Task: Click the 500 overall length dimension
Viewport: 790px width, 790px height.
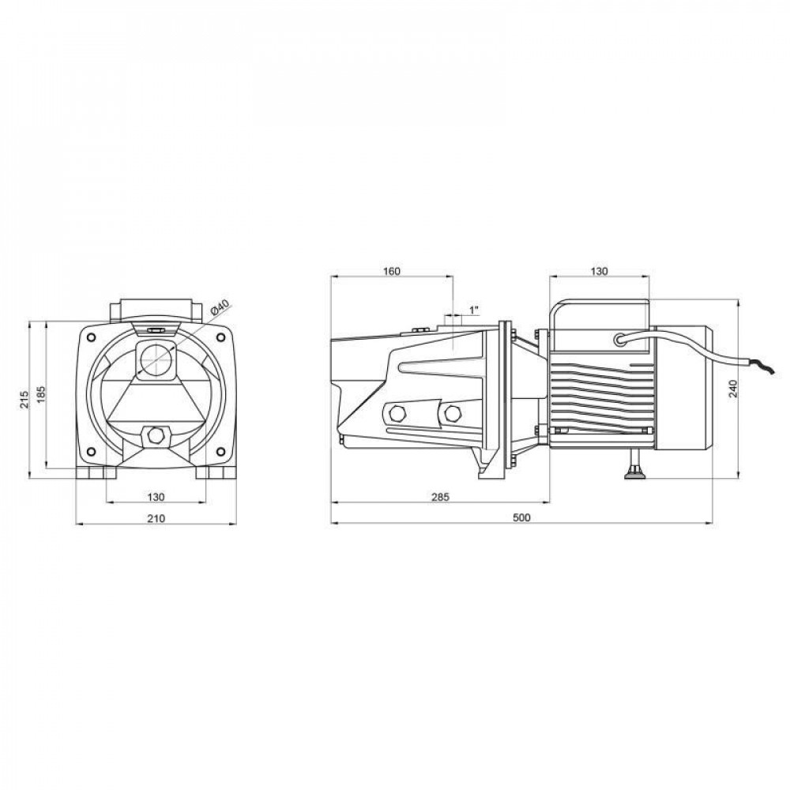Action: (x=521, y=517)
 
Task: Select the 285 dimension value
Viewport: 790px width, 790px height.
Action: (x=440, y=497)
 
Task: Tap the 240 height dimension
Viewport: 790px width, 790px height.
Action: (x=733, y=389)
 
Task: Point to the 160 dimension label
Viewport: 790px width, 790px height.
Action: (x=392, y=271)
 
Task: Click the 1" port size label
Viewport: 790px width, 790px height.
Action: (x=473, y=310)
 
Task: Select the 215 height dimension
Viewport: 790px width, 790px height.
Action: (x=24, y=399)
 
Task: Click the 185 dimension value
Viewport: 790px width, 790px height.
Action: (x=41, y=396)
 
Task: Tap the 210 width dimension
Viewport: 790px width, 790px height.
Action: (x=156, y=518)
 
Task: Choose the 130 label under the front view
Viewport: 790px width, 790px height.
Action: (x=156, y=497)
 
